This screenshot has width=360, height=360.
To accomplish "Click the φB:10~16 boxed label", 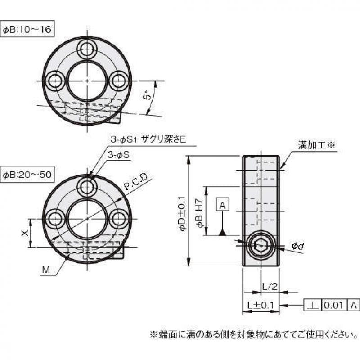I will (27, 30).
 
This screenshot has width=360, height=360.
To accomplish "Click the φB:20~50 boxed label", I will (27, 174).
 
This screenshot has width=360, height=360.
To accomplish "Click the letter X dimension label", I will (26, 233).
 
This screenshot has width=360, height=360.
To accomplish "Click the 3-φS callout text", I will (119, 155).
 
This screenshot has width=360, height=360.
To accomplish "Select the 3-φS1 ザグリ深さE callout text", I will (148, 140).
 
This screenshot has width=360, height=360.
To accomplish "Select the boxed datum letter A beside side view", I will (223, 206).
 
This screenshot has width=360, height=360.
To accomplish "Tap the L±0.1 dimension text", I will (261, 306).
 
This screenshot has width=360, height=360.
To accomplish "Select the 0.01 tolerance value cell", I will (334, 305).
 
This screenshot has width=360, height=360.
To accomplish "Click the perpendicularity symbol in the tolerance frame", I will (313, 305).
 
